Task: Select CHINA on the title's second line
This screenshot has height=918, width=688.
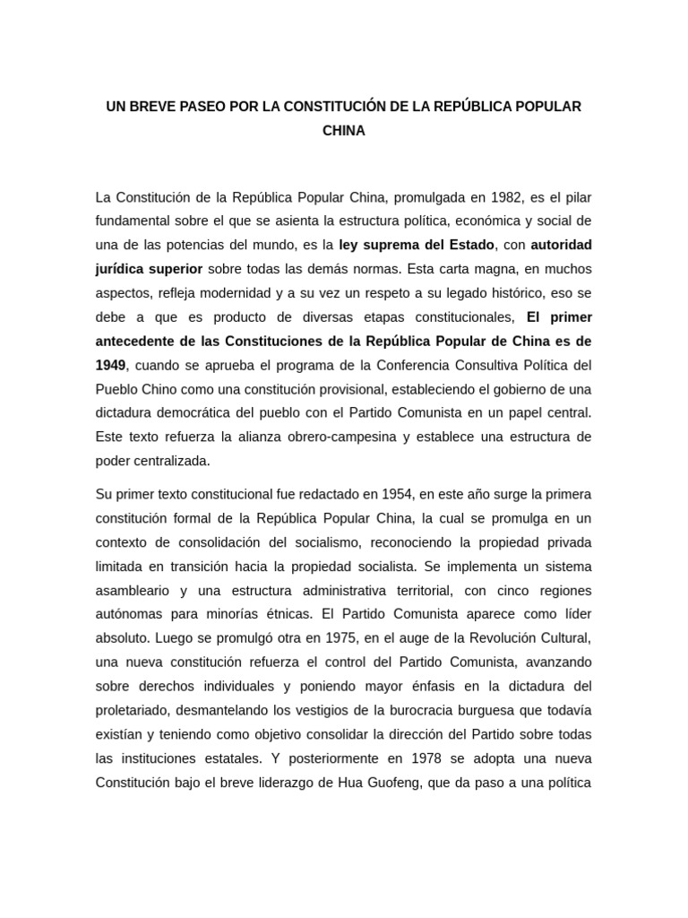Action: pos(344,131)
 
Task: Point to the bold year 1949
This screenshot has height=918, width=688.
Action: pos(110,365)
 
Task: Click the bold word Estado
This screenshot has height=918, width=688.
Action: pos(469,244)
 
